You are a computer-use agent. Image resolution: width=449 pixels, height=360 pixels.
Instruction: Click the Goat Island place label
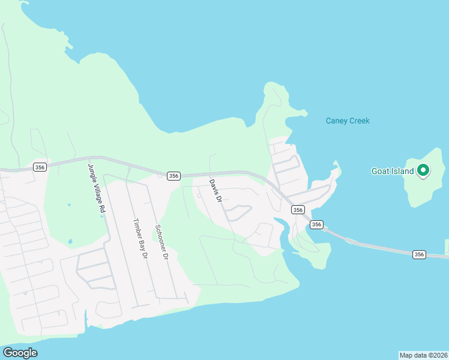393,172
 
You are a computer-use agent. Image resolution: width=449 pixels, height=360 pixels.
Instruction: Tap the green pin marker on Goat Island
423,171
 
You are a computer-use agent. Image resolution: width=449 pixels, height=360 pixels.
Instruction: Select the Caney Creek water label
348,121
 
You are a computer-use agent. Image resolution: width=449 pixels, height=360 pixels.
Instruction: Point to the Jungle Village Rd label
97,190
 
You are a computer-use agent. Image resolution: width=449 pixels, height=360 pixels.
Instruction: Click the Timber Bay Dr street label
140,238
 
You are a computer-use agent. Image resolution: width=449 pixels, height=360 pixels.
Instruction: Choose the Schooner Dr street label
160,242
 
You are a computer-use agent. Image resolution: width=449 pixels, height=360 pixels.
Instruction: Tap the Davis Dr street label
216,190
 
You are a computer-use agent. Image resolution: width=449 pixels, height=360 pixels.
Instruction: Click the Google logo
20,353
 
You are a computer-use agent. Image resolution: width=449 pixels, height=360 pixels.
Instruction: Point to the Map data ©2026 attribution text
424,355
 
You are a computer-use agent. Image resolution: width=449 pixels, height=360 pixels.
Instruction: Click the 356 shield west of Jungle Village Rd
40,167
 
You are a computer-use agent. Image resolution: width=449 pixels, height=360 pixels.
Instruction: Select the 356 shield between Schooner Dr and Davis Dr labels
173,176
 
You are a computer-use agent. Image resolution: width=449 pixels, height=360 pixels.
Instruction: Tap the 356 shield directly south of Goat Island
420,254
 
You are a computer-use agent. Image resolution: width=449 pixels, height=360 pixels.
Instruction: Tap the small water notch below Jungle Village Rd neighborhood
86,316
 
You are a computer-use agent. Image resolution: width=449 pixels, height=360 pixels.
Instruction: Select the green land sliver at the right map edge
447,246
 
